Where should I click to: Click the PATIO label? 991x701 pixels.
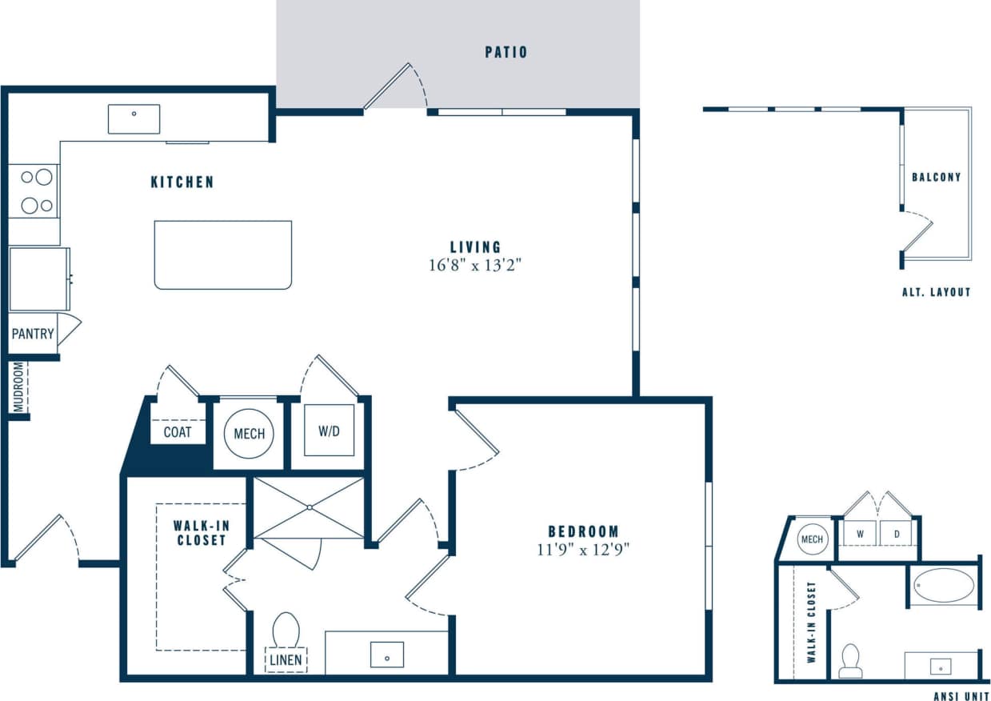[505, 53]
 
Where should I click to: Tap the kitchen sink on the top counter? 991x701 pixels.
[134, 119]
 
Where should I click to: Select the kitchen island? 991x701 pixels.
[222, 254]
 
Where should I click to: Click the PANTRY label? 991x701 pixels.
[33, 334]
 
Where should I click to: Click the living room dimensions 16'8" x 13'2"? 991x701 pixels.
[475, 265]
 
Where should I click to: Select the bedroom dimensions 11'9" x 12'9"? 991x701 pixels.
[583, 550]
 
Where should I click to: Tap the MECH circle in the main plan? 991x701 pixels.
[249, 434]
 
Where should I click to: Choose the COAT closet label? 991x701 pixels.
[178, 432]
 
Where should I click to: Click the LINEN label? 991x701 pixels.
[286, 659]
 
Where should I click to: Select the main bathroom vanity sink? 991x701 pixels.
[387, 655]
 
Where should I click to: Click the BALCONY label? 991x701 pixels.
[936, 177]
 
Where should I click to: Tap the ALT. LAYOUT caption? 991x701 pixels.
[936, 292]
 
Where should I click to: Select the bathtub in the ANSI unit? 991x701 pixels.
[944, 585]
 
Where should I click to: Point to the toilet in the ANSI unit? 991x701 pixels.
[851, 660]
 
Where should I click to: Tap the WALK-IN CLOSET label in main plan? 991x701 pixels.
[199, 533]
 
